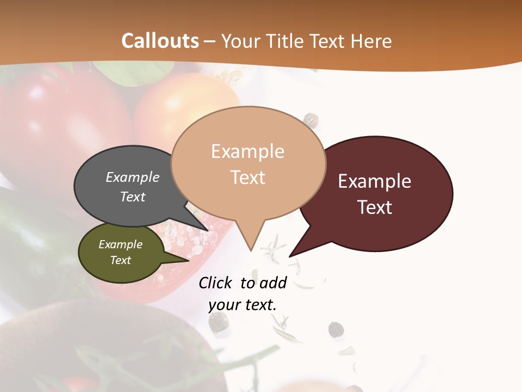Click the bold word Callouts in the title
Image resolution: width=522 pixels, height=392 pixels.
point(160,41)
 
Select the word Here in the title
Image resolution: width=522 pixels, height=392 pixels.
point(372,41)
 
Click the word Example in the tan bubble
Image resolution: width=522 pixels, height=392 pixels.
point(247,151)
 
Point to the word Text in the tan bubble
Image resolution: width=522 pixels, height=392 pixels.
point(247,177)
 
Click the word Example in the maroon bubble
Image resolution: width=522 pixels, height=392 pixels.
point(375,181)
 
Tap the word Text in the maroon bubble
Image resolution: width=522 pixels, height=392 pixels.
point(375,207)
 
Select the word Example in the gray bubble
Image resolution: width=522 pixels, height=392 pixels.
point(133,177)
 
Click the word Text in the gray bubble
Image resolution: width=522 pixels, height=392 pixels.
point(133,197)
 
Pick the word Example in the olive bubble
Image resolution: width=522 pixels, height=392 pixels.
point(121,244)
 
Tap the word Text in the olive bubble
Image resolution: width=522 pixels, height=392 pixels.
point(121,260)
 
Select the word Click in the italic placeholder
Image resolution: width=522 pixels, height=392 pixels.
point(216,283)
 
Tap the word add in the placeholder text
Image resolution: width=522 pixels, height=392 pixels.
point(273,283)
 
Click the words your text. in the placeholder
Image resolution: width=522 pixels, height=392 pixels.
point(243,305)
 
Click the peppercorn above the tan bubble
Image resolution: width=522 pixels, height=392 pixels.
point(311,118)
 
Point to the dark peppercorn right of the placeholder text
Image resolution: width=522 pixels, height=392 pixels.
point(335,329)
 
